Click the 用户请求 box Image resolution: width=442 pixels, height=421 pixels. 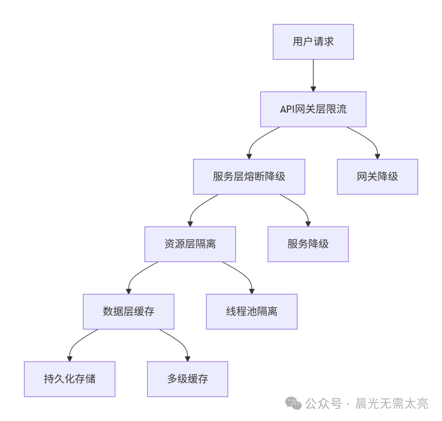(313, 42)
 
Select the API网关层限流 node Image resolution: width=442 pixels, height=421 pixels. (313, 109)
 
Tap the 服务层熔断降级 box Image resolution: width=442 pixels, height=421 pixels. (249, 177)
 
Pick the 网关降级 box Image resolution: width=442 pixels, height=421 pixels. (377, 177)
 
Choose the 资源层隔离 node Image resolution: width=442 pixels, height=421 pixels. (190, 244)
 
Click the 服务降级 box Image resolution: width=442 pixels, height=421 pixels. (308, 244)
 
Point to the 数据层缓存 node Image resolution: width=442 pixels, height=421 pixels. (129, 311)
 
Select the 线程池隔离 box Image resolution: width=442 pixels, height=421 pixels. (251, 311)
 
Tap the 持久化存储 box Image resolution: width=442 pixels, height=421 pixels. (70, 379)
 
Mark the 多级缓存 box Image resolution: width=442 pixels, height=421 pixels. (187, 379)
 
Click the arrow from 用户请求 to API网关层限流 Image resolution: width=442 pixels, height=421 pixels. (313, 75)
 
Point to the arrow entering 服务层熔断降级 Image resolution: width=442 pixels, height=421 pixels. (256, 141)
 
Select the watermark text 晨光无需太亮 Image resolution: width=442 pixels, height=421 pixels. (392, 404)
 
